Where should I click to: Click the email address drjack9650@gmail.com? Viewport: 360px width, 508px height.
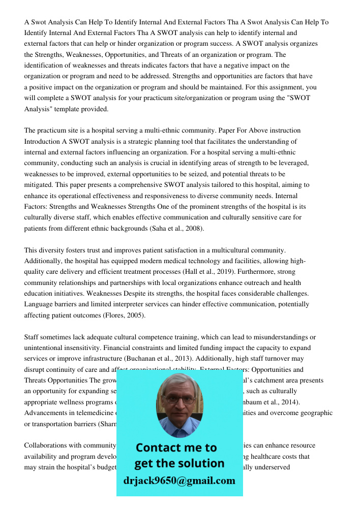[x=179, y=481]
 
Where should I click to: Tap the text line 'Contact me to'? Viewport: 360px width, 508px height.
[x=176, y=448]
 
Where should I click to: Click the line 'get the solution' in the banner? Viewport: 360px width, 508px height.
[x=179, y=463]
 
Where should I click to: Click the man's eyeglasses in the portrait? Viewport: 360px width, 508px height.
[x=178, y=399]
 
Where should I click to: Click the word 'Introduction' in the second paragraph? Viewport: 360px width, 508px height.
[x=43, y=141]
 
